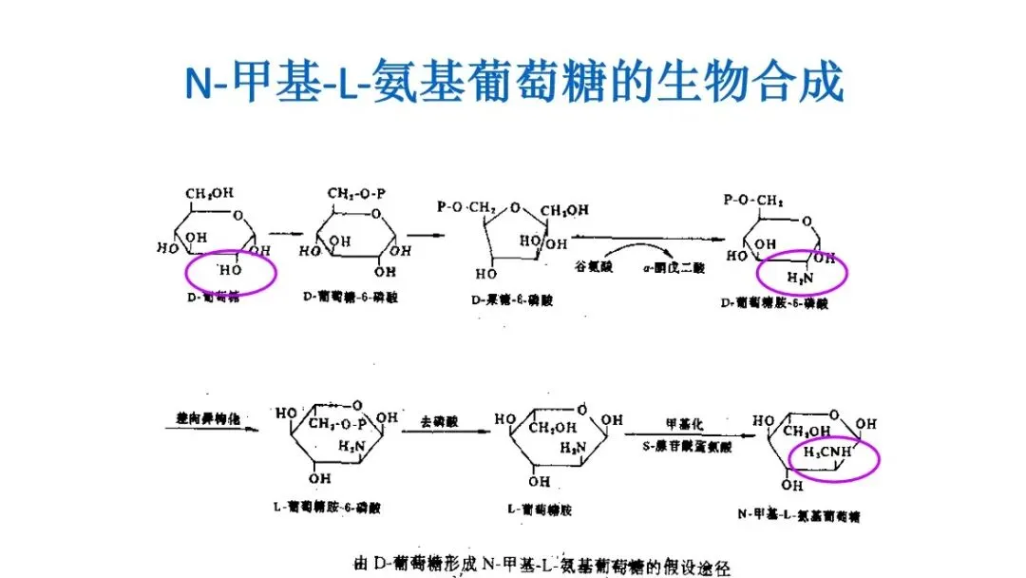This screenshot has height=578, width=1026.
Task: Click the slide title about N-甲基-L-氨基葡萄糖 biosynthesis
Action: click(513, 82)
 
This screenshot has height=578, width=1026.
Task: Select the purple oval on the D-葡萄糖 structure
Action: click(231, 272)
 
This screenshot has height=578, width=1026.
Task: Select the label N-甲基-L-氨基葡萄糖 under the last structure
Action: click(792, 514)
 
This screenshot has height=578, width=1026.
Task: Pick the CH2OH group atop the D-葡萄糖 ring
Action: click(210, 194)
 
